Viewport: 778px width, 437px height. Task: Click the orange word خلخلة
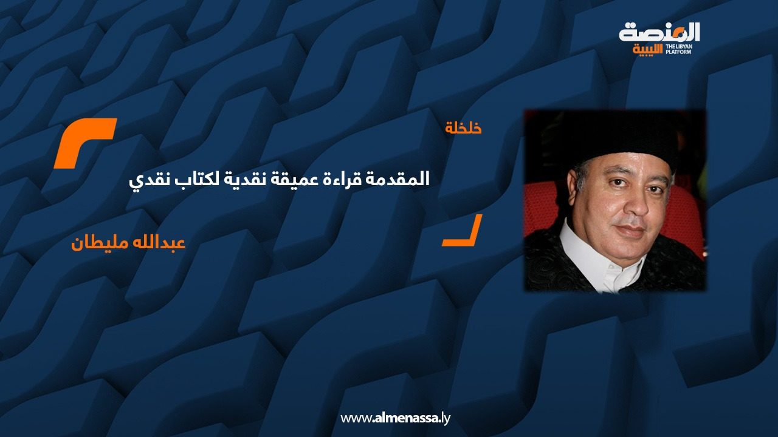coord(463,128)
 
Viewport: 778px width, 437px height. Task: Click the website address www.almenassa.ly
coord(395,418)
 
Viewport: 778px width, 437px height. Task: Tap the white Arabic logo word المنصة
coord(659,32)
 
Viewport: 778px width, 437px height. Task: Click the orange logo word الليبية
coord(648,49)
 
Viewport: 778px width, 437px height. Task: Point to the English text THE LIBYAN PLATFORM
coord(679,49)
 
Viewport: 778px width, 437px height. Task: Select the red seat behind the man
coord(686,218)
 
